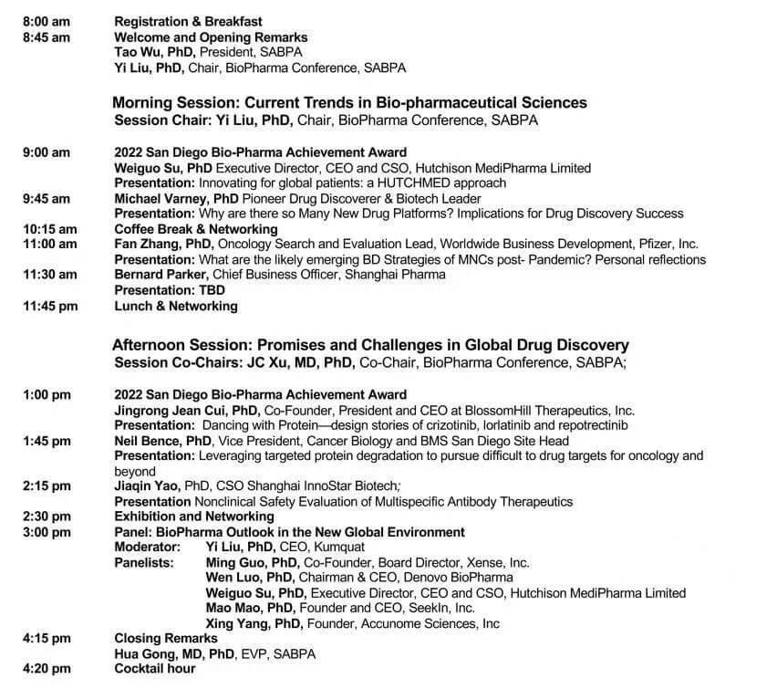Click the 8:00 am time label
click(46, 21)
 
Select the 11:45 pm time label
click(49, 306)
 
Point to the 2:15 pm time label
click(46, 486)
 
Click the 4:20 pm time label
click(46, 669)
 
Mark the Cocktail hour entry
click(155, 669)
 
